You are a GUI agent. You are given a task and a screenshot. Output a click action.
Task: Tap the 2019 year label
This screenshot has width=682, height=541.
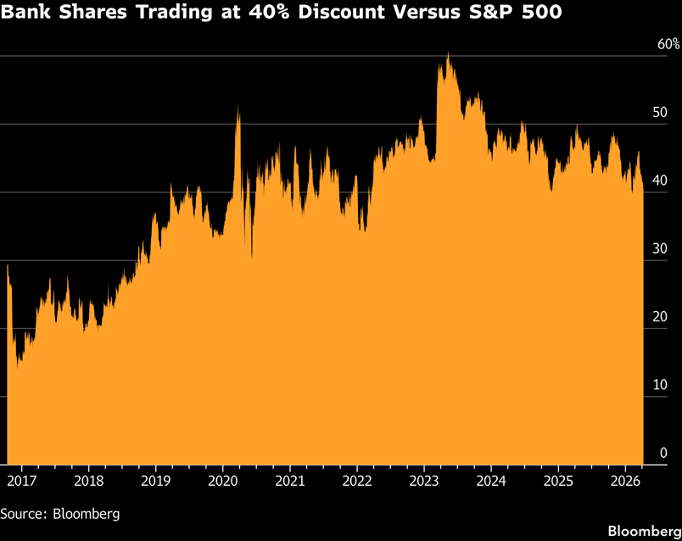[155, 481]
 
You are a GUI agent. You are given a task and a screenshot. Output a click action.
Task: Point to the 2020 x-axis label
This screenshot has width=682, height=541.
[222, 481]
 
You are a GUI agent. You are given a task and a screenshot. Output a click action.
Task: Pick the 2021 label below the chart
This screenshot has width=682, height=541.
[289, 481]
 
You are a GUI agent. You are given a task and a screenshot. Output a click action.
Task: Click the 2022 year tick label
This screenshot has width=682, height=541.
[357, 481]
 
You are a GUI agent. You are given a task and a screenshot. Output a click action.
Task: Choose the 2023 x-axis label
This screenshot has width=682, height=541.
[424, 481]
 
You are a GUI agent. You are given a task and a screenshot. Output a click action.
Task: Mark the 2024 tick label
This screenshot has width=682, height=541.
[491, 481]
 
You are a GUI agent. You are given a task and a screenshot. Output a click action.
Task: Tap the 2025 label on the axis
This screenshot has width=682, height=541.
[558, 481]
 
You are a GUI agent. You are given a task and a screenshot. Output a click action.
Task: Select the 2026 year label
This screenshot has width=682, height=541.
[625, 481]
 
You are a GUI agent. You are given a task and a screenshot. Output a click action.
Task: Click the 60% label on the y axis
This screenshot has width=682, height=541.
[668, 43]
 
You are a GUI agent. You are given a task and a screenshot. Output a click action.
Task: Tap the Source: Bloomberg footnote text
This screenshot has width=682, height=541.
[59, 513]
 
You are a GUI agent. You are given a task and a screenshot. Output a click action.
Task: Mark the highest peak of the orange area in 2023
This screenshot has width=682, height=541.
[448, 53]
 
